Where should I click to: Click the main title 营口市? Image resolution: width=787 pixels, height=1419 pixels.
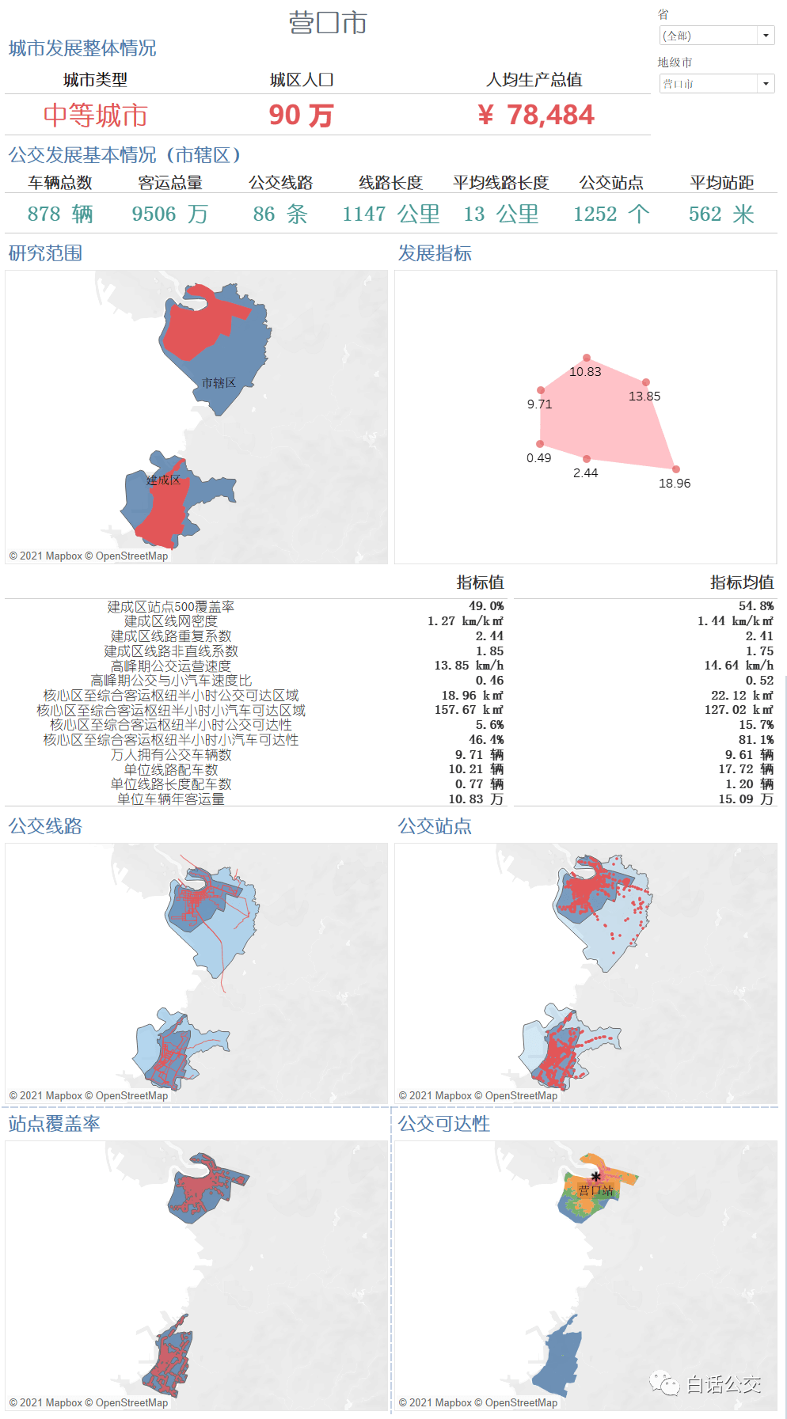(328, 23)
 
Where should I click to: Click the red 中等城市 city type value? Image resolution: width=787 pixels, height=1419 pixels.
(95, 116)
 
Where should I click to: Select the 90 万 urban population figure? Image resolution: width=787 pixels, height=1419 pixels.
(301, 116)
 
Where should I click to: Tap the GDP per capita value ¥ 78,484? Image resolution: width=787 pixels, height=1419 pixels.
(536, 116)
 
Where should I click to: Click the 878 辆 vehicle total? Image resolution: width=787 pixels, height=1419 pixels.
(60, 214)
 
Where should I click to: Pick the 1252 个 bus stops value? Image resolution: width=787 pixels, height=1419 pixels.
(611, 214)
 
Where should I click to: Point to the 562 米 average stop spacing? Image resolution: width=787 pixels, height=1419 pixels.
(721, 214)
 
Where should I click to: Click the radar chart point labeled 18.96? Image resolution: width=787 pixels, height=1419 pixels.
(675, 469)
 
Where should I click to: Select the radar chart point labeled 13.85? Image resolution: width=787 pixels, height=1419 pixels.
(646, 382)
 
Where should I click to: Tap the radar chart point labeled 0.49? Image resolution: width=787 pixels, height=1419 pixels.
(541, 444)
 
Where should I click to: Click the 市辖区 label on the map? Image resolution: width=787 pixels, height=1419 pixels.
(219, 383)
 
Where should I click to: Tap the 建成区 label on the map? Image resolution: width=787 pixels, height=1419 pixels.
(163, 480)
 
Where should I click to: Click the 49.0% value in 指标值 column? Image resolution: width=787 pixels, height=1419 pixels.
(486, 606)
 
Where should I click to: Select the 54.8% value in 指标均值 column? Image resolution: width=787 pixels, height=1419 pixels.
(756, 606)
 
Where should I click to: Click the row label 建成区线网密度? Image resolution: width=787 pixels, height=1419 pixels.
(171, 621)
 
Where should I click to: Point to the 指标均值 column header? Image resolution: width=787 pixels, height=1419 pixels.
(742, 582)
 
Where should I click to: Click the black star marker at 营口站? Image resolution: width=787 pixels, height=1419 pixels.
(596, 1177)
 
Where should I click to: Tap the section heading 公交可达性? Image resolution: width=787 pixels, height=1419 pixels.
(444, 1124)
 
